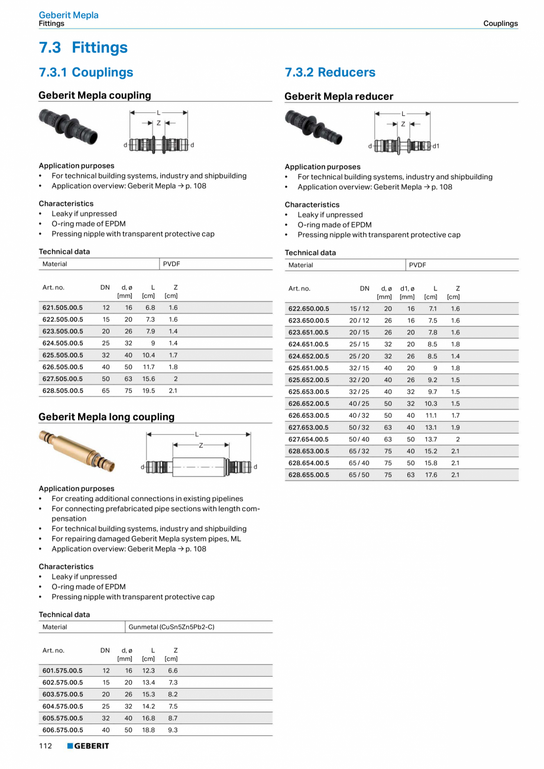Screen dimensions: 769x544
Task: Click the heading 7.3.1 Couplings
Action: [x=86, y=72]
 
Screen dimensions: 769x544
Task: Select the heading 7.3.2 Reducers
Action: [x=330, y=72]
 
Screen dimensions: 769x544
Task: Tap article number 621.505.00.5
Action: [x=63, y=308]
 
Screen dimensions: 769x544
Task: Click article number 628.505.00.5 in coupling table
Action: [x=63, y=390]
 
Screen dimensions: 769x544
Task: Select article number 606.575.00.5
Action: [x=63, y=730]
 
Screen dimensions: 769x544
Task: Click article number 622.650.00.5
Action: [x=309, y=309]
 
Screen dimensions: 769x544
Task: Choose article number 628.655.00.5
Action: [x=309, y=474]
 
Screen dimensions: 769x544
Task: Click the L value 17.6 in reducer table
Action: [x=431, y=474]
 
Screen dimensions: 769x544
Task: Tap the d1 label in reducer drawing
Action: [x=436, y=146]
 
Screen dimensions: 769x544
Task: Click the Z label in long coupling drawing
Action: [x=200, y=445]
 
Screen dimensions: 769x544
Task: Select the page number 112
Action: [x=46, y=746]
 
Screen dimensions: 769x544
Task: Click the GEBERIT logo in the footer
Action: [x=88, y=746]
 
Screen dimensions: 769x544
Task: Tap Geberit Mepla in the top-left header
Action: [x=69, y=15]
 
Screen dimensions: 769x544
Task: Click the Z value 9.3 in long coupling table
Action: [x=172, y=730]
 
